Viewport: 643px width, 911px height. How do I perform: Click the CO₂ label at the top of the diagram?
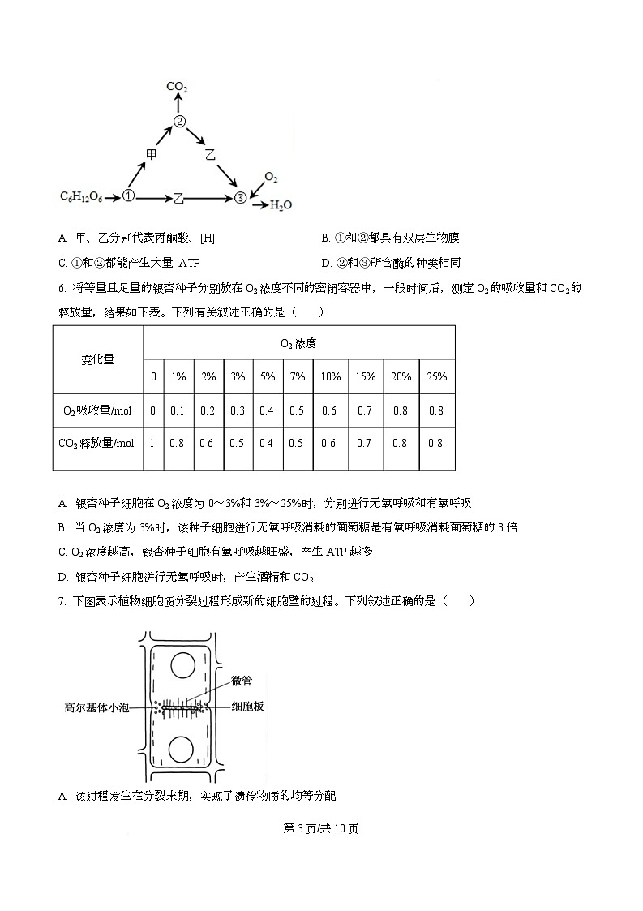pos(177,86)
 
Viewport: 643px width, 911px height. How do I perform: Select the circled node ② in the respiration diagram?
pos(180,122)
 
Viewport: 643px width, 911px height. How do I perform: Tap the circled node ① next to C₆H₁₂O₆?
pos(128,196)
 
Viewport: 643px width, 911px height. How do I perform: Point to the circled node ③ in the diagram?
pos(240,197)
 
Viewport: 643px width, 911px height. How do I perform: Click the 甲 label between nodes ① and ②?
pos(151,153)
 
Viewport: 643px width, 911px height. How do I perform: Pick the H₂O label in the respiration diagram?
pos(281,205)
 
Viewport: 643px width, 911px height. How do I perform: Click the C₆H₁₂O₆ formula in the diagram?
pos(81,196)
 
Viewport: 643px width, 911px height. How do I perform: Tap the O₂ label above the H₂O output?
pos(272,178)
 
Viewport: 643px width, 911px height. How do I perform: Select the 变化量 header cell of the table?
pos(98,359)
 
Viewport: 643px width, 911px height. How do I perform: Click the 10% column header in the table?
pos(330,376)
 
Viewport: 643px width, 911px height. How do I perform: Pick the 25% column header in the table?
pos(436,376)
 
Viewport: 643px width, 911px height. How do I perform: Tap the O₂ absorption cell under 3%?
pos(238,410)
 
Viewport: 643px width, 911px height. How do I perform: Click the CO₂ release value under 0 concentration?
pos(153,443)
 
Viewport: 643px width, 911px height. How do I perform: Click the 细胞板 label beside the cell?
pos(247,707)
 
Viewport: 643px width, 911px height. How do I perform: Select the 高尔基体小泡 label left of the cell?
pos(96,707)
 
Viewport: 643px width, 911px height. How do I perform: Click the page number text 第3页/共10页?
pos(321,828)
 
